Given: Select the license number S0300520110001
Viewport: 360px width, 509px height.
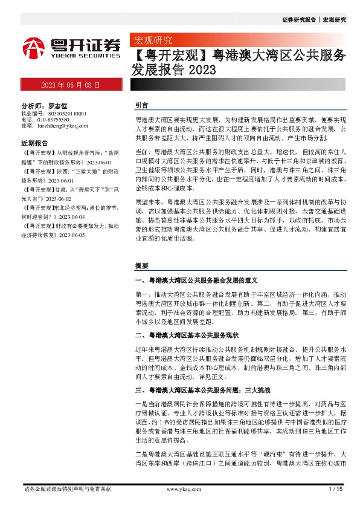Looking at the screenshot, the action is point(63,113).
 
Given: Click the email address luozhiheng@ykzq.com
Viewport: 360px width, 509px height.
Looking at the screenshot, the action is point(63,126).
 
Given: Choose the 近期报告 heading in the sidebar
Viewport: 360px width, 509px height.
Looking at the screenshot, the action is point(34,144).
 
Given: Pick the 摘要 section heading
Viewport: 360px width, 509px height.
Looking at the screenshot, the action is point(141,265).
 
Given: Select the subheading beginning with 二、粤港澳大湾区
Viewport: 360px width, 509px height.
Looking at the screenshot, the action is point(187,334).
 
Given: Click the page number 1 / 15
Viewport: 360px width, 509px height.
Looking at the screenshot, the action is point(334,488).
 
